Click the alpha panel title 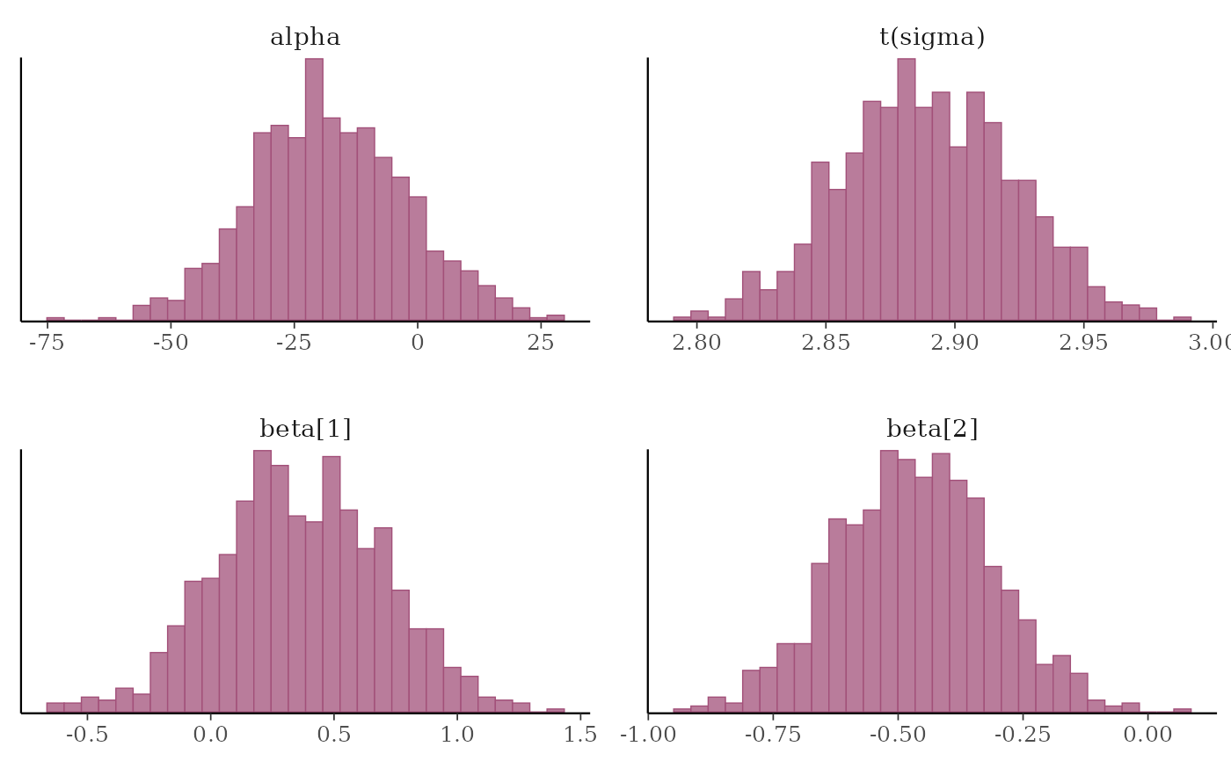click(304, 37)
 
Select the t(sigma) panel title click(932, 37)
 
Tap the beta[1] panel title click(305, 429)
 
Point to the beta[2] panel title click(932, 429)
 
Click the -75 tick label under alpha click(47, 342)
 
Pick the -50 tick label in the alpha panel click(170, 342)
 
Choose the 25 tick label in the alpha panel click(541, 342)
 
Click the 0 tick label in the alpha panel click(418, 342)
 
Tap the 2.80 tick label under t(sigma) click(696, 342)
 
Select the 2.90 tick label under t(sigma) click(954, 342)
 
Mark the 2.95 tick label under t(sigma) click(1083, 342)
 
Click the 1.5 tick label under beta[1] click(580, 734)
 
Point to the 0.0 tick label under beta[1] click(211, 734)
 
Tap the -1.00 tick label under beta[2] click(648, 734)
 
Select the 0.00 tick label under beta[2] click(1148, 734)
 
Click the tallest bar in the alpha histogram click(314, 189)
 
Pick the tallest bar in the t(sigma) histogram click(907, 189)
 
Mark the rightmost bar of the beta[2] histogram click(1183, 709)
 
